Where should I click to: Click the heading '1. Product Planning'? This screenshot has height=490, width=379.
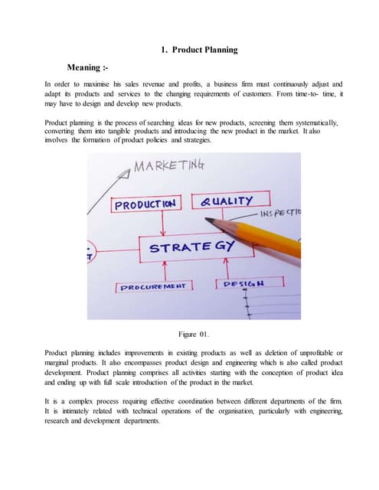point(199,50)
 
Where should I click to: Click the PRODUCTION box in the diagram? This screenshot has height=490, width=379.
point(145,204)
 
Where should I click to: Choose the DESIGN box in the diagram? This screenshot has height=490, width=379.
point(244,283)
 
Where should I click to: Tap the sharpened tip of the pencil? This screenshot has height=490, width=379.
point(209,220)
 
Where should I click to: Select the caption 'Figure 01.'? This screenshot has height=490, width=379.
point(194,334)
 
